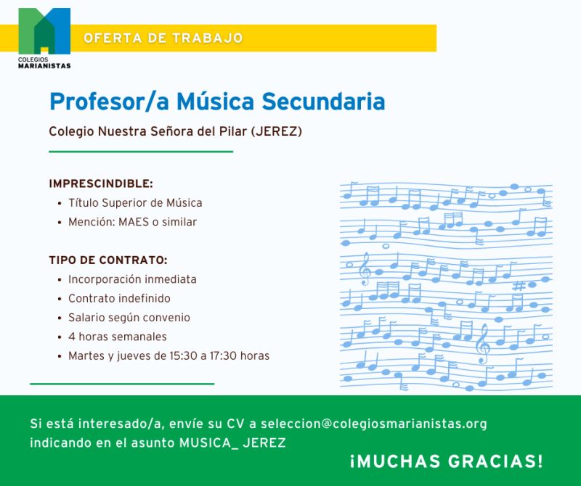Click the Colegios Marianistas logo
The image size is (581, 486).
[44, 36]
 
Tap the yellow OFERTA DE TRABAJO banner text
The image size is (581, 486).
[163, 38]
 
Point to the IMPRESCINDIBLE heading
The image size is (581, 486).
[101, 184]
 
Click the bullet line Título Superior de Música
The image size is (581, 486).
[135, 203]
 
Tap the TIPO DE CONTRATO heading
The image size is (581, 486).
[108, 260]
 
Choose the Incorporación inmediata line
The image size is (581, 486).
[132, 279]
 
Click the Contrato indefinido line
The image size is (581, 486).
[119, 298]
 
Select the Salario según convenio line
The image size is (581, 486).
[129, 318]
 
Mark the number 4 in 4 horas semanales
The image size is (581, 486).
[72, 337]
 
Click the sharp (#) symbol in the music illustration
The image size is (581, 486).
[519, 286]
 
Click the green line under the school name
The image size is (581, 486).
[141, 152]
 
